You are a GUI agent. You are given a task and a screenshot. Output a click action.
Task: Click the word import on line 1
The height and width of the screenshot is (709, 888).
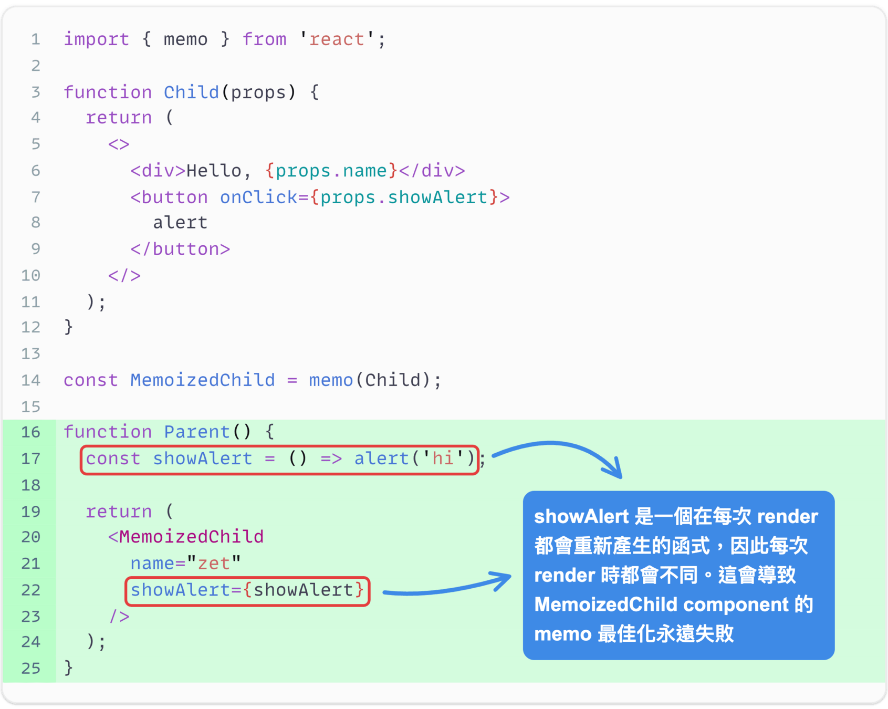(96, 39)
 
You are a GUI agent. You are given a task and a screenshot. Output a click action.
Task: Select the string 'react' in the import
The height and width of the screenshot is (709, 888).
(337, 39)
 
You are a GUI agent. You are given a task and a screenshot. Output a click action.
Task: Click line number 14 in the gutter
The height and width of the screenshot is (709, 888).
(31, 380)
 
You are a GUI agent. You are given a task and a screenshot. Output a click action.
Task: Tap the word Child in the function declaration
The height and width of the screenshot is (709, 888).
(191, 92)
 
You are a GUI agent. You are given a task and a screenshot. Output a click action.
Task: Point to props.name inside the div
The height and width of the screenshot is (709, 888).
(331, 171)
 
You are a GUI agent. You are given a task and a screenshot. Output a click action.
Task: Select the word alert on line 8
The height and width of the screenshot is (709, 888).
(180, 223)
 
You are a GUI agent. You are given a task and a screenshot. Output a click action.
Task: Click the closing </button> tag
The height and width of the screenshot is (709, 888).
(180, 249)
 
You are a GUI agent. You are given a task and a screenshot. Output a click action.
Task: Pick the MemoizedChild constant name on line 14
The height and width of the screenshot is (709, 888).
(202, 380)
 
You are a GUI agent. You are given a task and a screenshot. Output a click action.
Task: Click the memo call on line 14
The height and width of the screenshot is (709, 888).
(331, 380)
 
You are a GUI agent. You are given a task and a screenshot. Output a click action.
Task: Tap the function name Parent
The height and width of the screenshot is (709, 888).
(197, 432)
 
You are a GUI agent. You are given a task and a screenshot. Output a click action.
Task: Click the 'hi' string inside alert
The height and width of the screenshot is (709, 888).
(443, 459)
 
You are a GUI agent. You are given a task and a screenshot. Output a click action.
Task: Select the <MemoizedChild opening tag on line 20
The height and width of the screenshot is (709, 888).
(186, 537)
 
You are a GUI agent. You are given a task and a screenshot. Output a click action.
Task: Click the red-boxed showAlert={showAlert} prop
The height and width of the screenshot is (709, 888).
(247, 590)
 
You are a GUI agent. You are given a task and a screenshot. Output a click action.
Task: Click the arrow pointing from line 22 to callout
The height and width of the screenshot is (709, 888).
(446, 587)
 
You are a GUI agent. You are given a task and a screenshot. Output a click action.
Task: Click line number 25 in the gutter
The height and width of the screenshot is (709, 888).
(31, 668)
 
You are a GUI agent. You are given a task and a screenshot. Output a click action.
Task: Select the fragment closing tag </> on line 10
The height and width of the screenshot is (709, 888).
(124, 276)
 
